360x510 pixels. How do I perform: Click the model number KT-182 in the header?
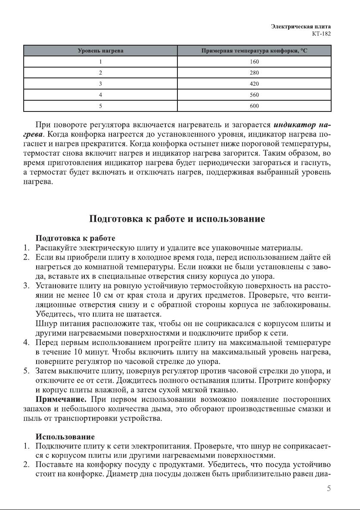coord(322,34)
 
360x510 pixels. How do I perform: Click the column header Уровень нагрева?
coord(100,51)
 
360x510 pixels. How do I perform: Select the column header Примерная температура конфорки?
coord(254,51)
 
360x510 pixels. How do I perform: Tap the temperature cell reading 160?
coord(254,62)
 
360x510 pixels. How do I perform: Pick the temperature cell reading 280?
coord(254,73)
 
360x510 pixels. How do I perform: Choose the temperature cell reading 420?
coord(254,84)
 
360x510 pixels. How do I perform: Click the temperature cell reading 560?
coord(254,95)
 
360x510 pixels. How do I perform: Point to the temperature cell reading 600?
coord(254,106)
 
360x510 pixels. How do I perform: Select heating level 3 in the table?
coord(100,84)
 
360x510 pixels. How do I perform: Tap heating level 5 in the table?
coord(100,106)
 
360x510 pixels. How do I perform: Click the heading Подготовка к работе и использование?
coord(177,219)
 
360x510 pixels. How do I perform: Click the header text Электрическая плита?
coord(301,26)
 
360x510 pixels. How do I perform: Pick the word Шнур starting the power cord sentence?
coord(46,324)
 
